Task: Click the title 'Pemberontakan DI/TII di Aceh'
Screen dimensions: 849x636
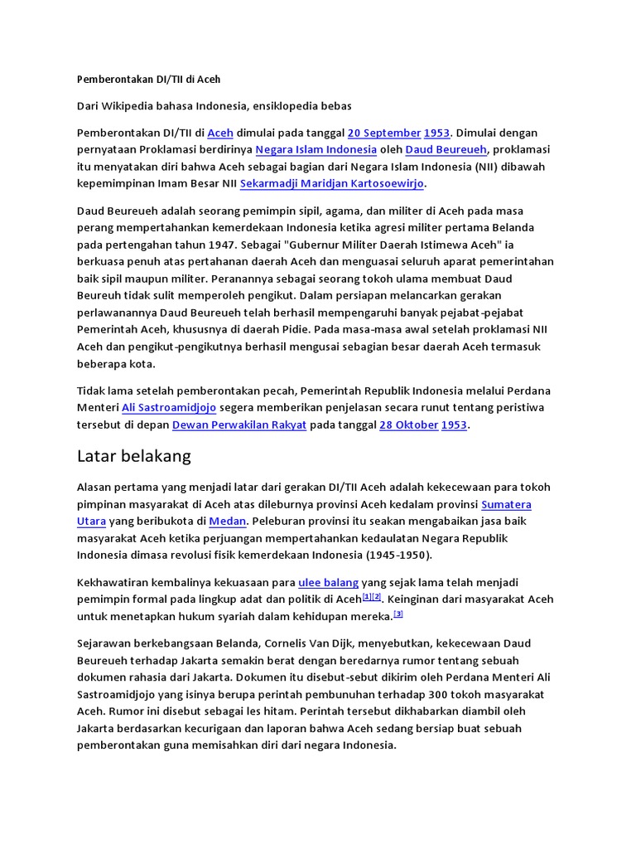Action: (148, 80)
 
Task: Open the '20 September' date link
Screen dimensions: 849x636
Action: (383, 133)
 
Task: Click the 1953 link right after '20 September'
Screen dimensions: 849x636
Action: (436, 133)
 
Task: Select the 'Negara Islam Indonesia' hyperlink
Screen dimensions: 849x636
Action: (316, 150)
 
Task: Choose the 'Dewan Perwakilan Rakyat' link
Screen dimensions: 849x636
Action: (239, 425)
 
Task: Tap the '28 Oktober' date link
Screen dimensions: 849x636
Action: (408, 425)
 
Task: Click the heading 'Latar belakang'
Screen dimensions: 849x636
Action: (133, 456)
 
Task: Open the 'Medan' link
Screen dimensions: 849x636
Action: (227, 522)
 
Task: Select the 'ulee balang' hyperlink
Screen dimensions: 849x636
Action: (328, 583)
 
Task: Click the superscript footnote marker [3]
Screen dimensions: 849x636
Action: (398, 614)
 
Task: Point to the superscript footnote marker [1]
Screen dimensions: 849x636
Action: (367, 597)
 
